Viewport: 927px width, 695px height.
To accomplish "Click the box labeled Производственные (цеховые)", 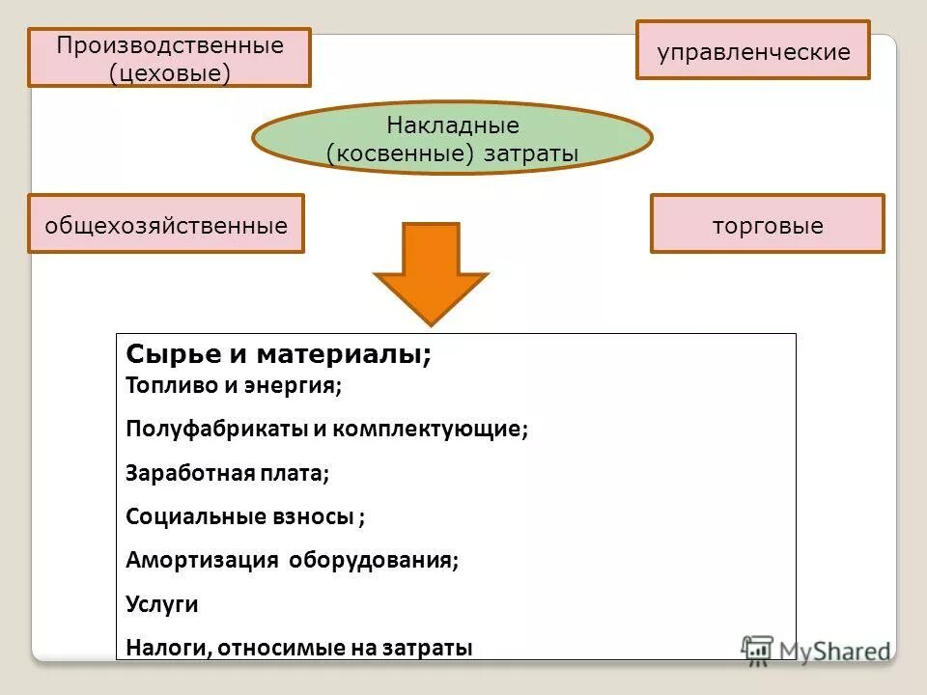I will click(169, 58).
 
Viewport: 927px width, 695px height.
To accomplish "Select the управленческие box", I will click(753, 51).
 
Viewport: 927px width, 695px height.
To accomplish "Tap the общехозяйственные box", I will click(166, 224).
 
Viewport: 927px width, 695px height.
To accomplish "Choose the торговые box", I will click(768, 224).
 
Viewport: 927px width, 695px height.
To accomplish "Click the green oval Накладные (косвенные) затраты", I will click(453, 138).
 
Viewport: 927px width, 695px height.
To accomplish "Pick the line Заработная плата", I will click(227, 473).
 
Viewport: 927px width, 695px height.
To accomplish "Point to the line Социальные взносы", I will click(245, 516).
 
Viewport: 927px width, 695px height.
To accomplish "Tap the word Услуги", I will click(162, 604).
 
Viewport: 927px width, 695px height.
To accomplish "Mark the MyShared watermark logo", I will click(815, 649).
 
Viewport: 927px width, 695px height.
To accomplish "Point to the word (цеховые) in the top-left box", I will click(169, 73).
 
